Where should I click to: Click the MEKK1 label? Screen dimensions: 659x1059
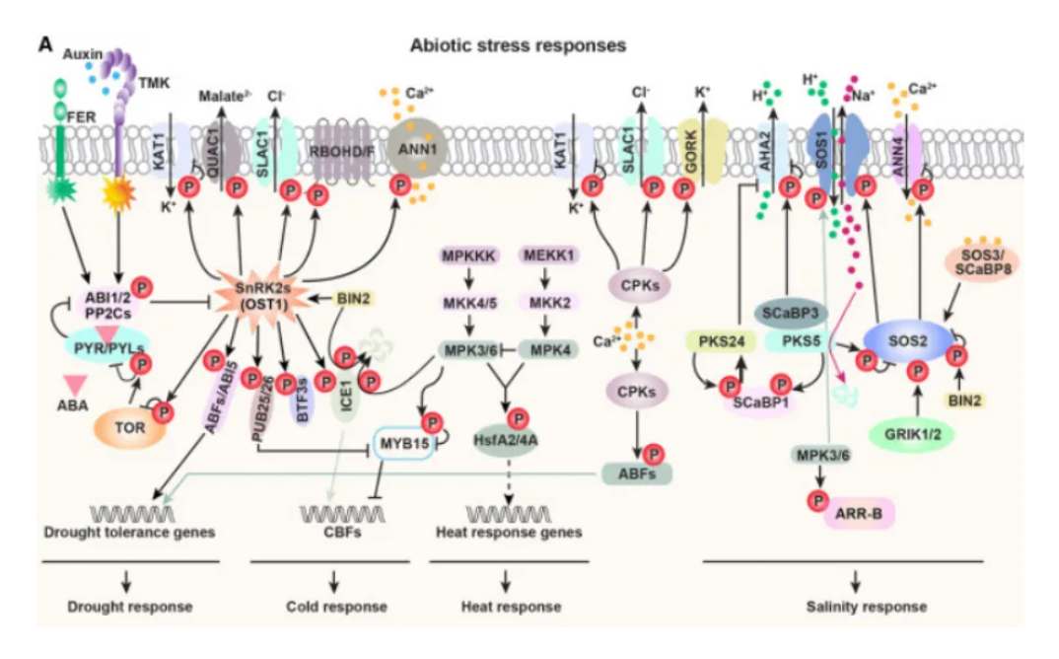click(547, 256)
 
